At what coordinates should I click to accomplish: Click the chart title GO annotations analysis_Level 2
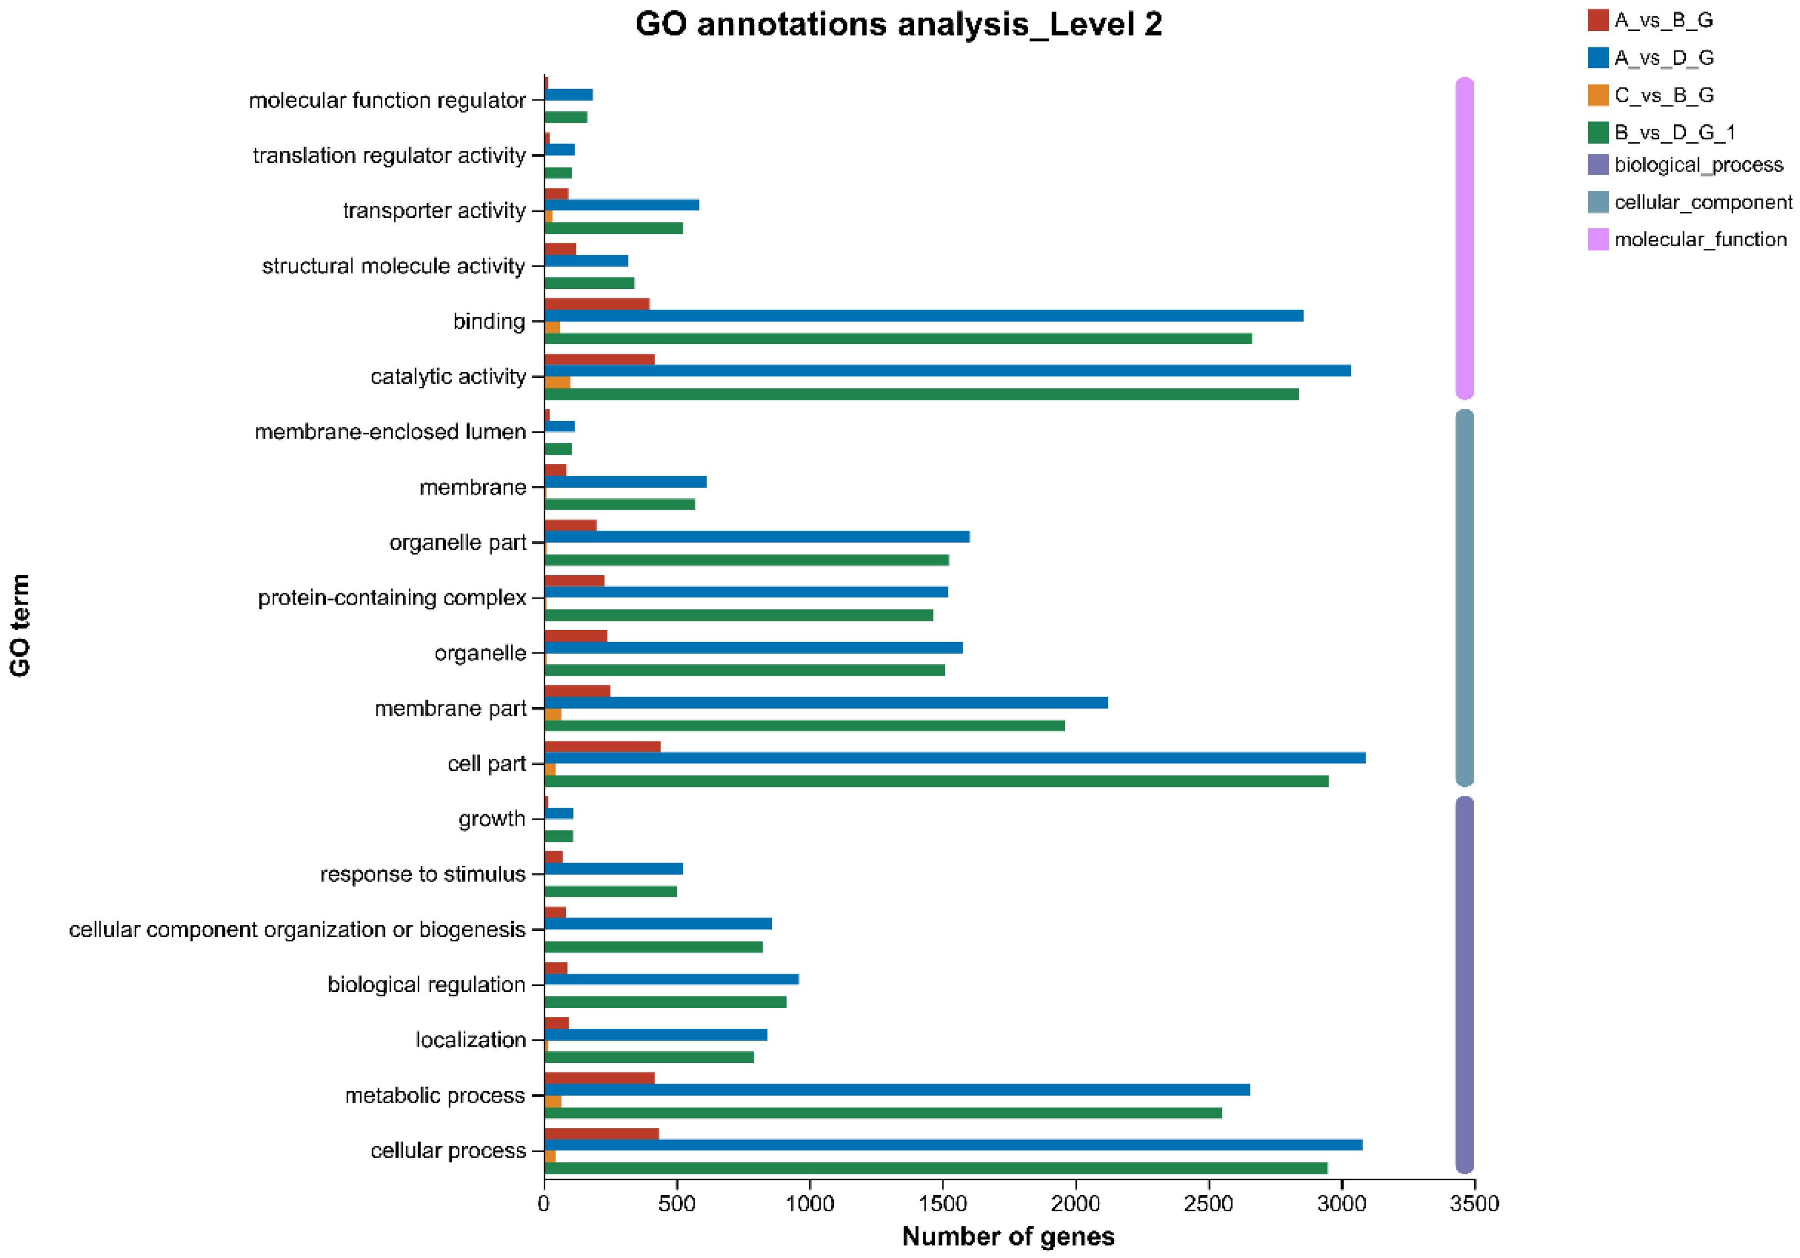click(898, 24)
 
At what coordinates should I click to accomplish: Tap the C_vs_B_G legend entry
click(1663, 96)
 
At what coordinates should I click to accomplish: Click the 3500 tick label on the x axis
click(1474, 1204)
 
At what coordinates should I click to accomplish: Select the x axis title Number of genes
click(1008, 1236)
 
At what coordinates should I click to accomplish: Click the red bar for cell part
click(602, 746)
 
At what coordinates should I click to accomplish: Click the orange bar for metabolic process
click(553, 1101)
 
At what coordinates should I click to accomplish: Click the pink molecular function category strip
click(1464, 238)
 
